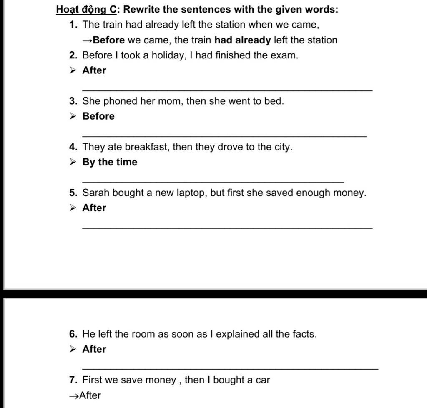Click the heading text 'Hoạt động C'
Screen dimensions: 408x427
pos(86,9)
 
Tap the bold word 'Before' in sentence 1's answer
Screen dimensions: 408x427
pos(109,40)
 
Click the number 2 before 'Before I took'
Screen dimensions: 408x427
pos(73,55)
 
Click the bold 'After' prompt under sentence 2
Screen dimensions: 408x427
pos(94,70)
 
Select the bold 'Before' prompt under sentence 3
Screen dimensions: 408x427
pos(98,116)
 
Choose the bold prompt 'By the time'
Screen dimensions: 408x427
pos(110,162)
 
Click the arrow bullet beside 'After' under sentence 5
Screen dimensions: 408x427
pos(73,208)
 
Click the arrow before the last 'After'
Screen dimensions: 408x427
pos(74,396)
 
